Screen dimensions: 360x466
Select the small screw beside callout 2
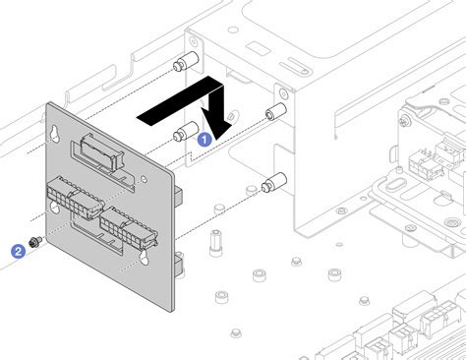coord(34,242)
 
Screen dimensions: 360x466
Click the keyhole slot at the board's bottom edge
coord(145,259)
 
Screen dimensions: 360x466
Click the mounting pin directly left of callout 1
coord(181,134)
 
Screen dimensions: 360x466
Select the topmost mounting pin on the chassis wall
coord(179,67)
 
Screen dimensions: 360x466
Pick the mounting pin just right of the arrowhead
coord(274,112)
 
